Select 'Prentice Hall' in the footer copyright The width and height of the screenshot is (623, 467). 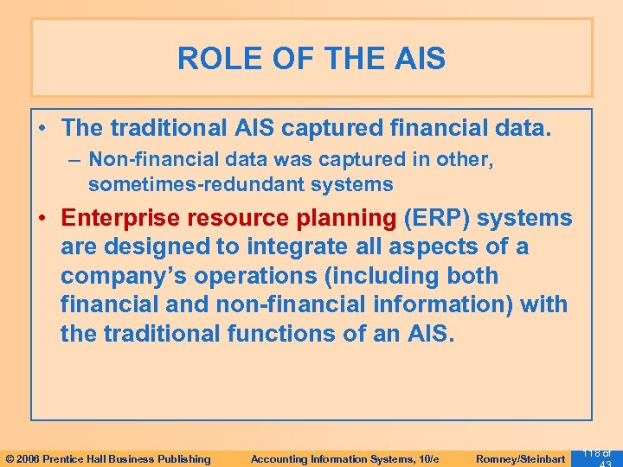[88, 459]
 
